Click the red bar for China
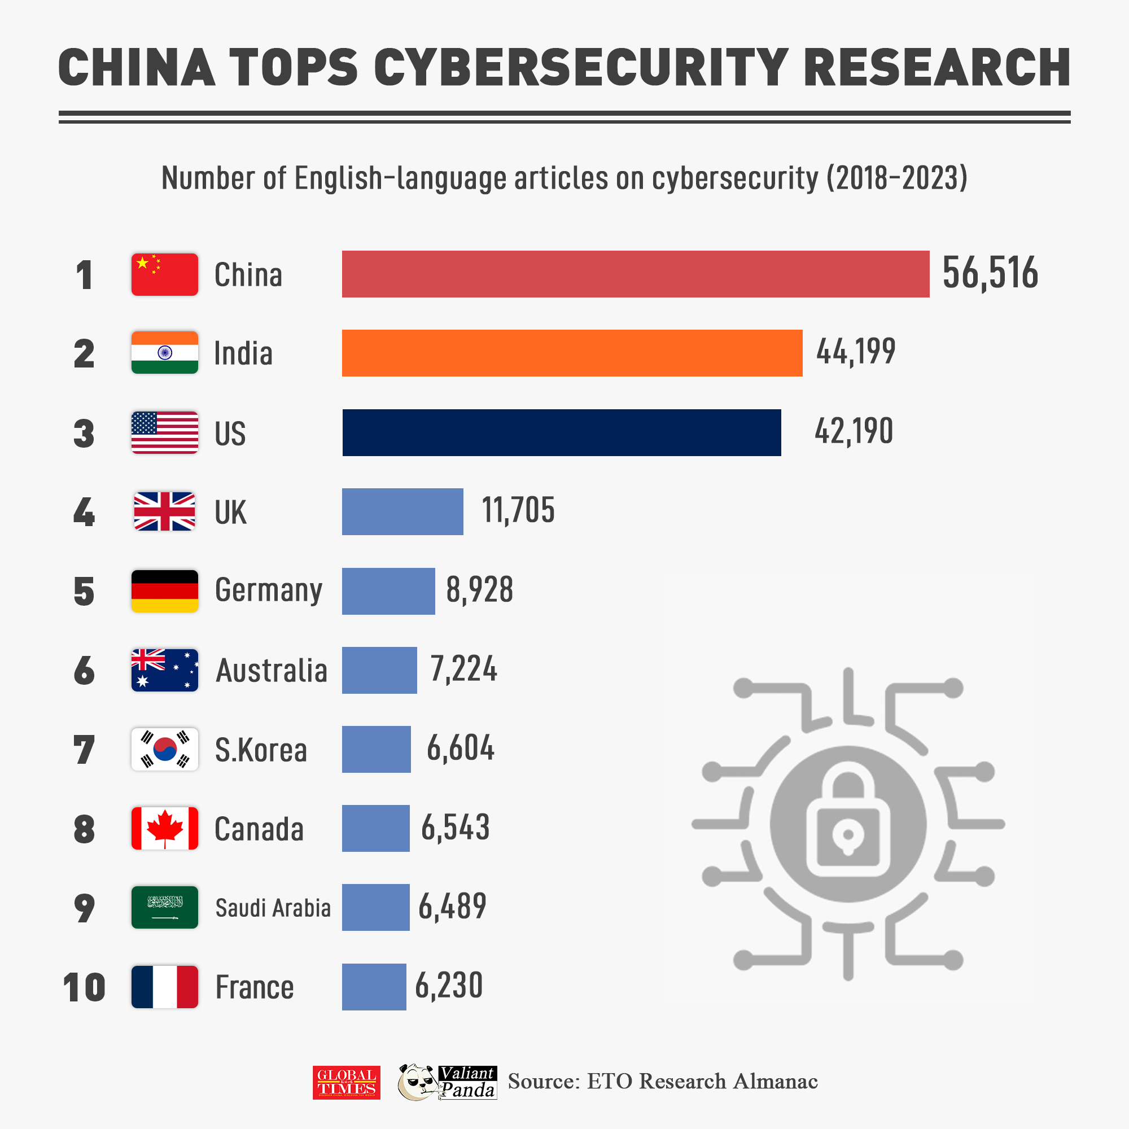(635, 274)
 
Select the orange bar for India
(571, 353)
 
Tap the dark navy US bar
(561, 432)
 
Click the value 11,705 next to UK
(518, 510)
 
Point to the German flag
(164, 591)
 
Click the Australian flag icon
(164, 669)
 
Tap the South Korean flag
(164, 749)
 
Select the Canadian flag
(164, 828)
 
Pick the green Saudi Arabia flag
(164, 907)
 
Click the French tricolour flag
(164, 986)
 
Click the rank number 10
(84, 987)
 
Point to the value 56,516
(990, 273)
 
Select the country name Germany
(268, 590)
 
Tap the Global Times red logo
(346, 1082)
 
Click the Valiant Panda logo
(447, 1082)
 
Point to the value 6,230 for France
(449, 985)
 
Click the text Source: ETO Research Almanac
(662, 1082)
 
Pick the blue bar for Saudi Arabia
(375, 907)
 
